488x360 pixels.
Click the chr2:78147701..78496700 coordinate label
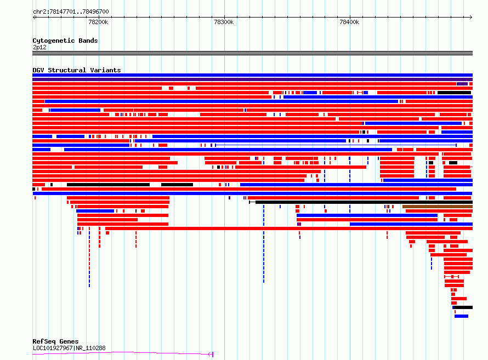coord(71,12)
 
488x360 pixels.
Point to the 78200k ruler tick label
coord(98,22)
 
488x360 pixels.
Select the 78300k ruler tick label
coord(224,22)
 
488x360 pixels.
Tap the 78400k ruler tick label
coord(349,22)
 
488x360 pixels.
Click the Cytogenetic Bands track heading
coord(65,41)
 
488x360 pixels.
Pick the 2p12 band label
coord(39,47)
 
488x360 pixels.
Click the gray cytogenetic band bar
coord(252,53)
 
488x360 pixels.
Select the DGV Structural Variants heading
coord(77,70)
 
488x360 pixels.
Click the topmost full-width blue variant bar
coord(252,75)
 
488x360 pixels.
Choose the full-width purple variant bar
coord(252,79)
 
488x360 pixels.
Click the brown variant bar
coord(438,207)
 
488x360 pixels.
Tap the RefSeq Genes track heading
coord(55,341)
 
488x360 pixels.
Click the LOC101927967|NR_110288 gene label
coord(69,348)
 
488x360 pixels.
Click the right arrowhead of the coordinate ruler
coord(471,18)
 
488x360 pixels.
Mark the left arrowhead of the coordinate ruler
coord(34,18)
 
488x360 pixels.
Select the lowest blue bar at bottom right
coord(461,316)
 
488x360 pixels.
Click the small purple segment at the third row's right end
coord(462,84)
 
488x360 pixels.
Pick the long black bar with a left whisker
coord(361,202)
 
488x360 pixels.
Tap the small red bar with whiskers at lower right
coord(452,276)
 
